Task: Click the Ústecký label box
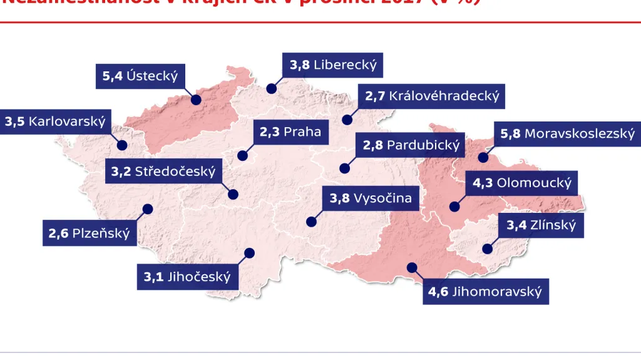140,76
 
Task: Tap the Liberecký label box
332,64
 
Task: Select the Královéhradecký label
431,96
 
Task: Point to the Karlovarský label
55,121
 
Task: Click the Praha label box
290,132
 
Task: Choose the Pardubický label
411,146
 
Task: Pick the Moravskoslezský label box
567,133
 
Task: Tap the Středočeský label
163,170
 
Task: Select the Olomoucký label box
522,183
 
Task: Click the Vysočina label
371,199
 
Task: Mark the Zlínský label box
541,225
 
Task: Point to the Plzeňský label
90,234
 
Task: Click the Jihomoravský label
485,292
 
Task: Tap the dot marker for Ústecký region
195,100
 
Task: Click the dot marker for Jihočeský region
250,253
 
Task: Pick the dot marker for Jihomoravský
411,267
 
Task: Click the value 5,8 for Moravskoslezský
510,133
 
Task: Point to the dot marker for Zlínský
487,249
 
